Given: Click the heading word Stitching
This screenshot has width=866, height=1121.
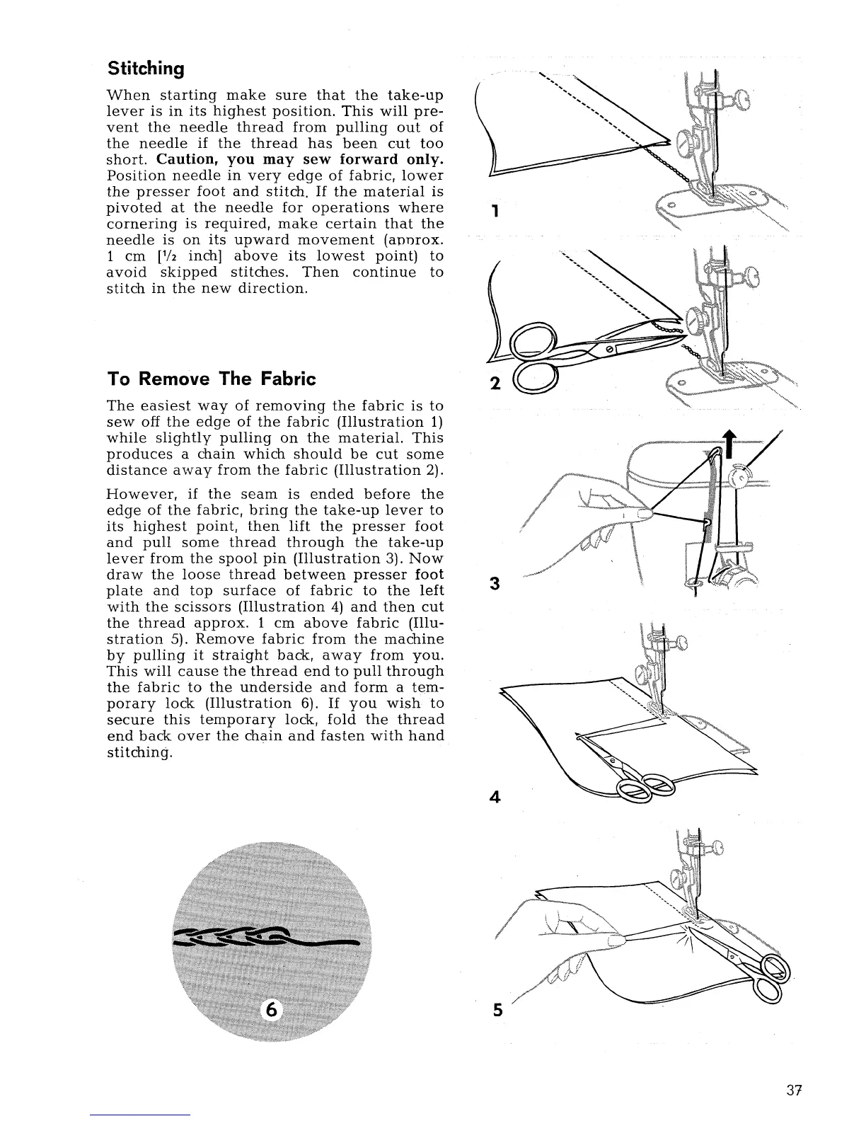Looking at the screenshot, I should coord(146,69).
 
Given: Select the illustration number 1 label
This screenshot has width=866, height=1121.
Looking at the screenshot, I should coord(496,211).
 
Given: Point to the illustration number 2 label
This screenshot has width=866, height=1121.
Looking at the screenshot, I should coord(495,384).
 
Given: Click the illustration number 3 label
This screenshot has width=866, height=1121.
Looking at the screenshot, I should coord(495,584).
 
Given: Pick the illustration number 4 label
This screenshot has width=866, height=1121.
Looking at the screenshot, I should coord(495,797).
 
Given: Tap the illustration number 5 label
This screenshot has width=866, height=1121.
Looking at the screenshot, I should coord(497,1011).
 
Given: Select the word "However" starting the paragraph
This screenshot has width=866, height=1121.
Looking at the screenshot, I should coord(136,494).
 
